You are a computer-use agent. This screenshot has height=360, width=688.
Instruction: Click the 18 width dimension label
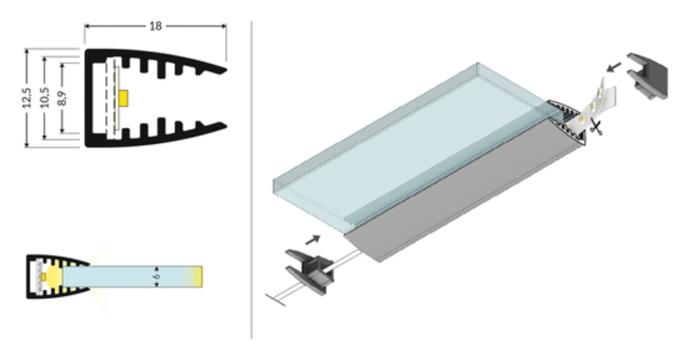pos(156,26)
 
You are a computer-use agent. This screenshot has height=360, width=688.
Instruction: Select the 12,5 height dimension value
pos(26,98)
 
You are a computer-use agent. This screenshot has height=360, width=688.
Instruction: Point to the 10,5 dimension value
pos(44,97)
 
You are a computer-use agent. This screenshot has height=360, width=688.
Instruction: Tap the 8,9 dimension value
pos(62,98)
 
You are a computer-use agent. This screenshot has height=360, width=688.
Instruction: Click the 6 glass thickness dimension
pos(157,276)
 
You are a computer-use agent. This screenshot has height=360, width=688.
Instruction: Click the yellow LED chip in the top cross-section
pos(124,98)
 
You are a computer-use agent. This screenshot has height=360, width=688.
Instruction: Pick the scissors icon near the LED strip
pos(596,127)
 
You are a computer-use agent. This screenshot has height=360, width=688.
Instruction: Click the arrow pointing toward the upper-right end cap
pos(614,68)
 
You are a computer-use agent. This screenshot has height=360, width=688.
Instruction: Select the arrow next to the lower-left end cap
pos(312,240)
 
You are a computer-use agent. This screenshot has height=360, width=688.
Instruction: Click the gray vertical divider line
pos(251,180)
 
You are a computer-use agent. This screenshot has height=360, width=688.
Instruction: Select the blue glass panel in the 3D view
pos(395,145)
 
